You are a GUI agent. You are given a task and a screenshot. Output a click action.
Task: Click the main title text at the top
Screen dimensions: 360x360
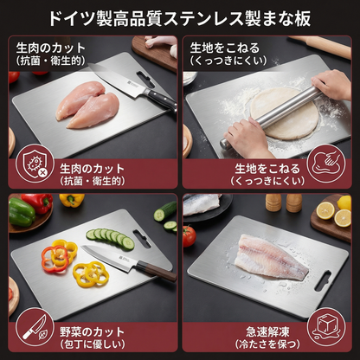pos(180,16)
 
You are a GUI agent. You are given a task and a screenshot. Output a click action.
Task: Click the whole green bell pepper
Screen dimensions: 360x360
pos(20,212)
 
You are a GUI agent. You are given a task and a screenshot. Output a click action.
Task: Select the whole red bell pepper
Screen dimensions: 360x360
pos(37,204)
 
